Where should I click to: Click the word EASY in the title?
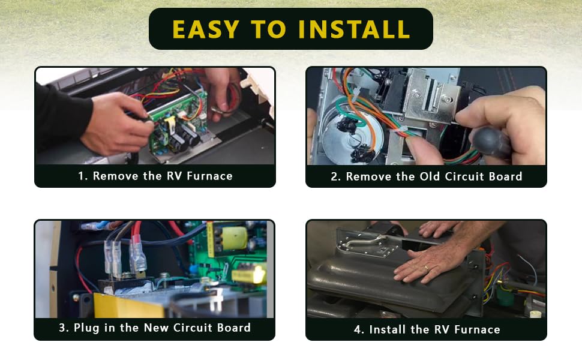(206, 29)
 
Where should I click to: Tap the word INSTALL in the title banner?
(354, 29)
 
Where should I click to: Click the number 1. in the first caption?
(83, 176)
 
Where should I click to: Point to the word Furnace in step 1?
(209, 176)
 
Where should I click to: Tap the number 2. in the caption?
(335, 176)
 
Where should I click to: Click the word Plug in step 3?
(86, 328)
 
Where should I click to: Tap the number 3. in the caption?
(64, 328)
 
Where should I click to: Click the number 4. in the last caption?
(359, 329)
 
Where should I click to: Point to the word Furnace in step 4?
(477, 329)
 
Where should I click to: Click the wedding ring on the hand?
(427, 268)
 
